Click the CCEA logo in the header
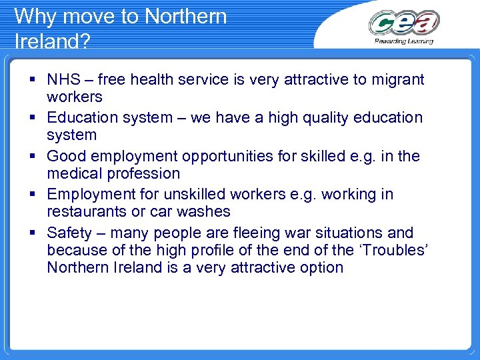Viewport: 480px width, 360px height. point(404,23)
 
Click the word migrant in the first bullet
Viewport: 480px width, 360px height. point(397,80)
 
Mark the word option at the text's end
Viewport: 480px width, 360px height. point(321,268)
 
